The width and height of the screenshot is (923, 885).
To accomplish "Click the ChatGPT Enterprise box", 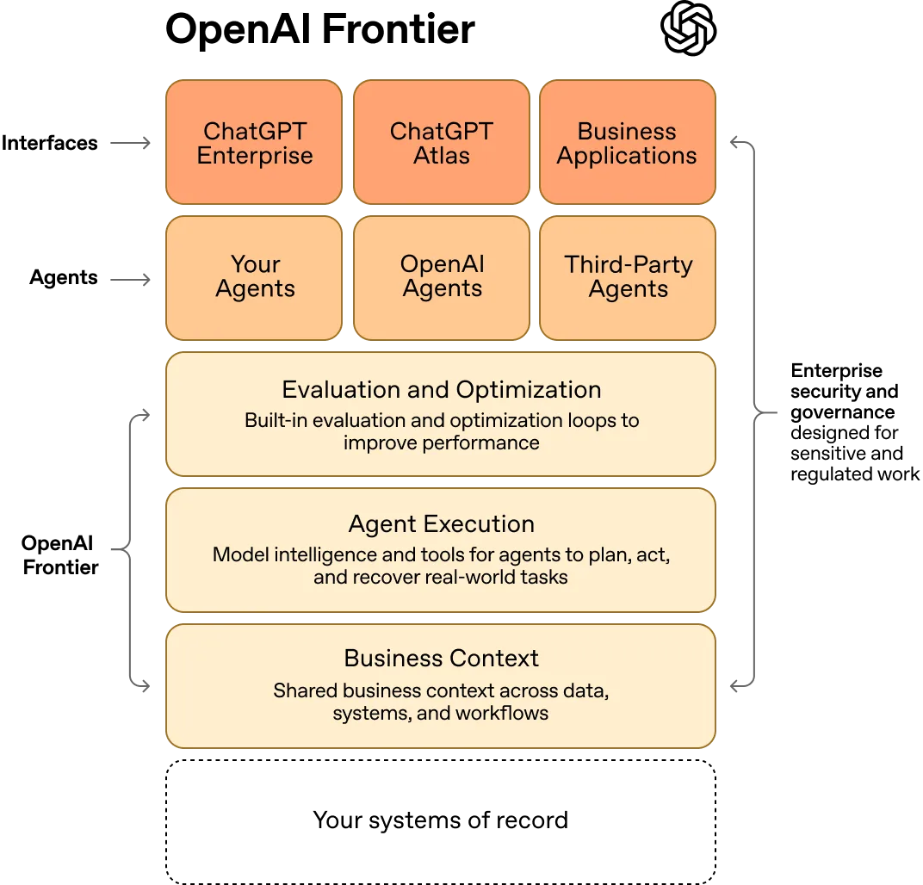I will point(254,143).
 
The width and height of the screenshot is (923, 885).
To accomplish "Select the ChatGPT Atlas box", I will point(441,143).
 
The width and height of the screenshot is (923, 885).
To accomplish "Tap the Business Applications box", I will point(627,143).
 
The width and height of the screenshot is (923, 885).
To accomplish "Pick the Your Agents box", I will point(254,277).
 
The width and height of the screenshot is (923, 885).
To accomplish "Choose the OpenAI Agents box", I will point(441,277).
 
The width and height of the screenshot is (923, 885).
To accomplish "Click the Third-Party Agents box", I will point(628,277).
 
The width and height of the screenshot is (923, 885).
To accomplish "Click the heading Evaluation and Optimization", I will point(441,389).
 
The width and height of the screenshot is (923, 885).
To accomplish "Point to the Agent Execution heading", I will point(441,523).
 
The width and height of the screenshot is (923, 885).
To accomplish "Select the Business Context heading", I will point(441,659).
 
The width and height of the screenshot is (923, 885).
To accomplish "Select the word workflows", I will point(502,713).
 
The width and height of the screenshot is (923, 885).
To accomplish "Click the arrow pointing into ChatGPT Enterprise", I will point(132,142).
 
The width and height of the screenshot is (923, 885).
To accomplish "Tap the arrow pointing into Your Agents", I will point(132,279).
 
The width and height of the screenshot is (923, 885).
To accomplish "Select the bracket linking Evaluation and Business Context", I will point(127,551).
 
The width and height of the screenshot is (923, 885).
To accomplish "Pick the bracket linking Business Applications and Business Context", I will point(755,413).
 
